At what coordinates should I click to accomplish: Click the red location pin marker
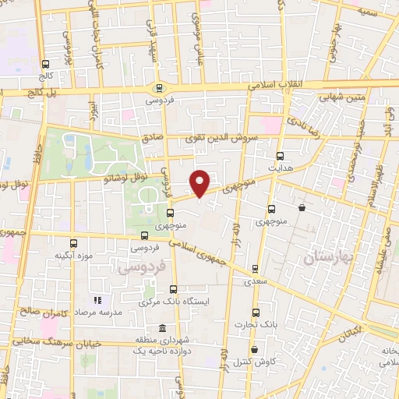[x=200, y=183]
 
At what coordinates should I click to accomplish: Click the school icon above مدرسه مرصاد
[x=97, y=300]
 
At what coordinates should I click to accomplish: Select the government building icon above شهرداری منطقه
[x=161, y=328]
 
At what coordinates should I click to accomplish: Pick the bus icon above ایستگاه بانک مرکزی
[x=172, y=289]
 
